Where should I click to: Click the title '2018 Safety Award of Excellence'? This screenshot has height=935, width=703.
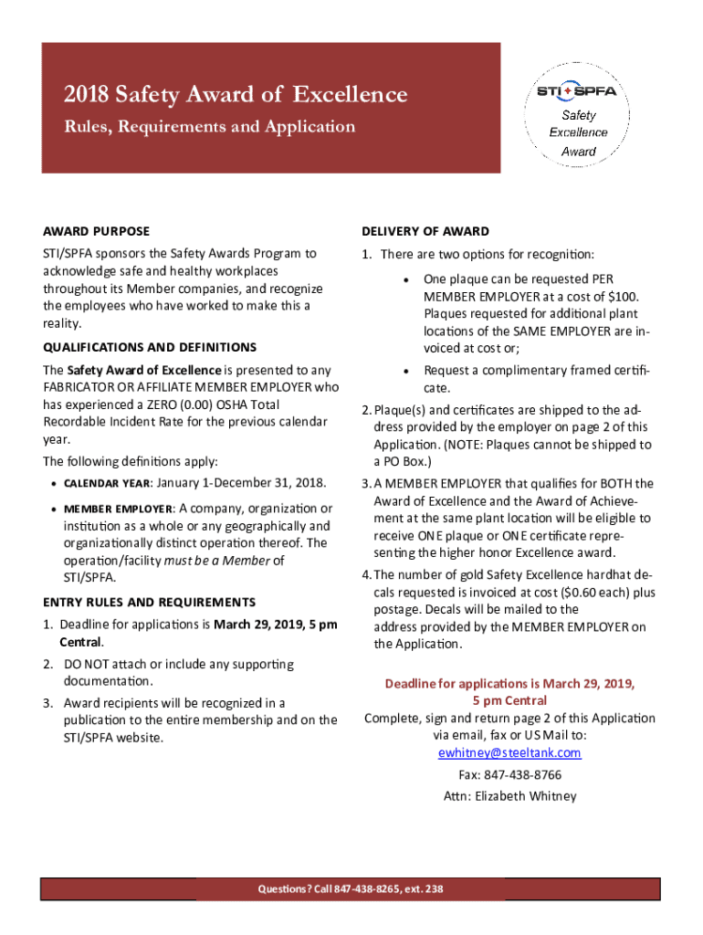(236, 94)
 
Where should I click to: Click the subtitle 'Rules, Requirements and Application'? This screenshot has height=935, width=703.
(209, 127)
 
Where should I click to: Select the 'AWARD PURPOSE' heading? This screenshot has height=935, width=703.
(97, 231)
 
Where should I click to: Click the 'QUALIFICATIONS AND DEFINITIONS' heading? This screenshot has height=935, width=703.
(150, 347)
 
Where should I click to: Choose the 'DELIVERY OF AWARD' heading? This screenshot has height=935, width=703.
(425, 231)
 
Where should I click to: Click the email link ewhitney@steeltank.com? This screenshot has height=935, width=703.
(509, 752)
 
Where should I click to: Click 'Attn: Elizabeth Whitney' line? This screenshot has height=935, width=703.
(509, 796)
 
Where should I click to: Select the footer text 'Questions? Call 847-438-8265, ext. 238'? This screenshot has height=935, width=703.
(351, 889)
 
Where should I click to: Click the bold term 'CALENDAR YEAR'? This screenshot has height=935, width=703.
(105, 483)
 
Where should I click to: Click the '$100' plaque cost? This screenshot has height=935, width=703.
(624, 296)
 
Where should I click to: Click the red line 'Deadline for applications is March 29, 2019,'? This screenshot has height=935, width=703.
(509, 684)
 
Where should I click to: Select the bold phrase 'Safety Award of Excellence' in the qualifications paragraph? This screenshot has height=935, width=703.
(144, 370)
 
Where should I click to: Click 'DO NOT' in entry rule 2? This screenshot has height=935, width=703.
(87, 664)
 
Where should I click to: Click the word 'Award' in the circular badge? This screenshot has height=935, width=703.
(579, 151)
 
